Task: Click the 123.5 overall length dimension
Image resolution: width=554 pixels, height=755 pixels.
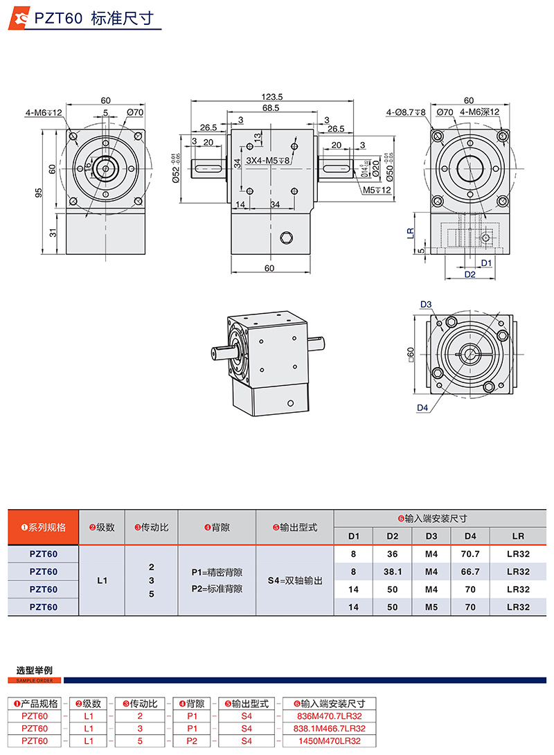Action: point(272,97)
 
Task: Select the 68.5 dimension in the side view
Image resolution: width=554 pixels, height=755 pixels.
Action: point(271,108)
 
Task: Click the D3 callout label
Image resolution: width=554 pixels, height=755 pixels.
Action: point(425,305)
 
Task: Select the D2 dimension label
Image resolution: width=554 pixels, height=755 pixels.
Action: point(470,274)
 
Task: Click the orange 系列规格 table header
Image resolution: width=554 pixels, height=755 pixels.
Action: point(44,527)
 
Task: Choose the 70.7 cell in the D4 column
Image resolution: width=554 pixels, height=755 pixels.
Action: point(470,554)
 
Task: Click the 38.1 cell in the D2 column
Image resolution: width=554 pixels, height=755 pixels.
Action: point(392,571)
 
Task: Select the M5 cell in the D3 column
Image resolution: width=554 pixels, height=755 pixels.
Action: point(431,607)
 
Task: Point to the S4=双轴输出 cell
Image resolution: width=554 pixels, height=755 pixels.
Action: point(294,580)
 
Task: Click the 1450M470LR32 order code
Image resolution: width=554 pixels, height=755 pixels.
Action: point(329,740)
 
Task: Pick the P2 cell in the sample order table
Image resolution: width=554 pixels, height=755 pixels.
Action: point(192,740)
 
